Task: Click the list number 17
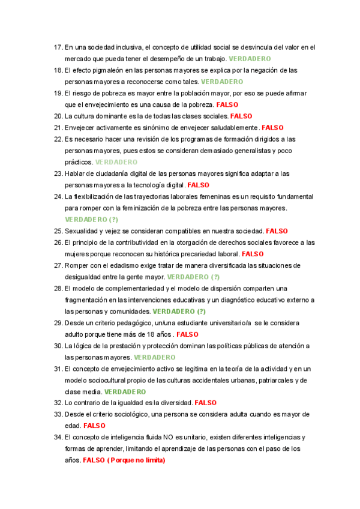(x=58, y=47)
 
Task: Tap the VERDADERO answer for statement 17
(x=250, y=59)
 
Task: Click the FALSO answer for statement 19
(x=227, y=104)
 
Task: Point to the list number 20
(x=58, y=116)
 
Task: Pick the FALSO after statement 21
(x=273, y=127)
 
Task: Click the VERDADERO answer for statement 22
(x=116, y=162)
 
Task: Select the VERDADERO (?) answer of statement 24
(x=91, y=220)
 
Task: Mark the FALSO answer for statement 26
(x=253, y=254)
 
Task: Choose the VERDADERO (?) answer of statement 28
(x=179, y=312)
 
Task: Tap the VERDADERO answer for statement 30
(x=155, y=357)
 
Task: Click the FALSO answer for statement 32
(x=206, y=403)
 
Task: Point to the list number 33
(x=58, y=414)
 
